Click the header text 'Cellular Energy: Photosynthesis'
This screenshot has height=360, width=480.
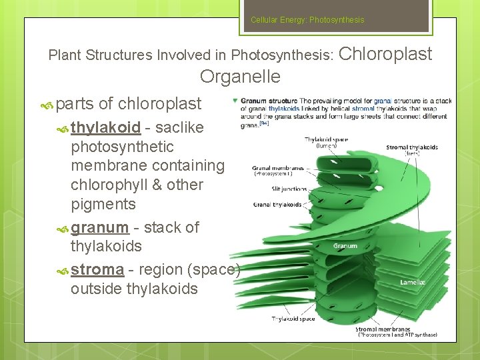coord(307,20)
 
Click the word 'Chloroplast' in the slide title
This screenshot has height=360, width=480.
coord(386,53)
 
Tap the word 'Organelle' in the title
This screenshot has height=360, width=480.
coord(240,77)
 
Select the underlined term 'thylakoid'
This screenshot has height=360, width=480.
coord(105,127)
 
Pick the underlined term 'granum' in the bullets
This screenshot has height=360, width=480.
coord(99,227)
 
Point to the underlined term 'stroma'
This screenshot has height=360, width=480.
coord(97,269)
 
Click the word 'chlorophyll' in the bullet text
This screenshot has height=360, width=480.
coord(113,185)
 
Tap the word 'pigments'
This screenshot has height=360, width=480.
coord(103,204)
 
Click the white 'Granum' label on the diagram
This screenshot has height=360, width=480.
coord(345,246)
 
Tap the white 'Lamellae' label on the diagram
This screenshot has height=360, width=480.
coord(413,283)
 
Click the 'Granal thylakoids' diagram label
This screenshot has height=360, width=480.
coord(277,205)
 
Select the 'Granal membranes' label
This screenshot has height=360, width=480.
coord(274,169)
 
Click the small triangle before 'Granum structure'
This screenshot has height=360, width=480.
coord(235,101)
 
